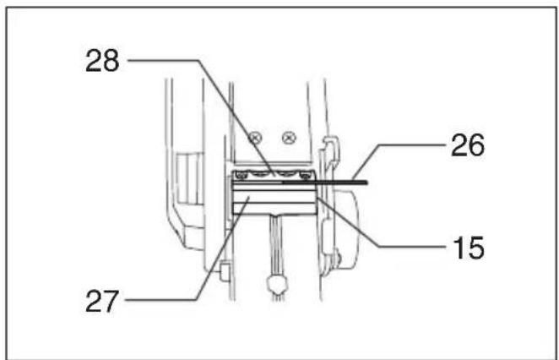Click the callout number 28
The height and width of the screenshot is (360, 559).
pyautogui.click(x=102, y=61)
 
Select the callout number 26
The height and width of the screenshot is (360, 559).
pyautogui.click(x=468, y=145)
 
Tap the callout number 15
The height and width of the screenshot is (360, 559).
pyautogui.click(x=469, y=248)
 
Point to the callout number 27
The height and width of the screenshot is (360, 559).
pyautogui.click(x=102, y=301)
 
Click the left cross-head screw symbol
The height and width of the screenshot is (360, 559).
pyautogui.click(x=255, y=138)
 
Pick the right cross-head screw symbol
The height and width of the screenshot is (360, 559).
pyautogui.click(x=289, y=138)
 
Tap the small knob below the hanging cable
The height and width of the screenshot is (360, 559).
pyautogui.click(x=277, y=284)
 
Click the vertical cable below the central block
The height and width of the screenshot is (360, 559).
pyautogui.click(x=275, y=245)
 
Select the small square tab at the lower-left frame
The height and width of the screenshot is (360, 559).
pyautogui.click(x=225, y=270)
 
